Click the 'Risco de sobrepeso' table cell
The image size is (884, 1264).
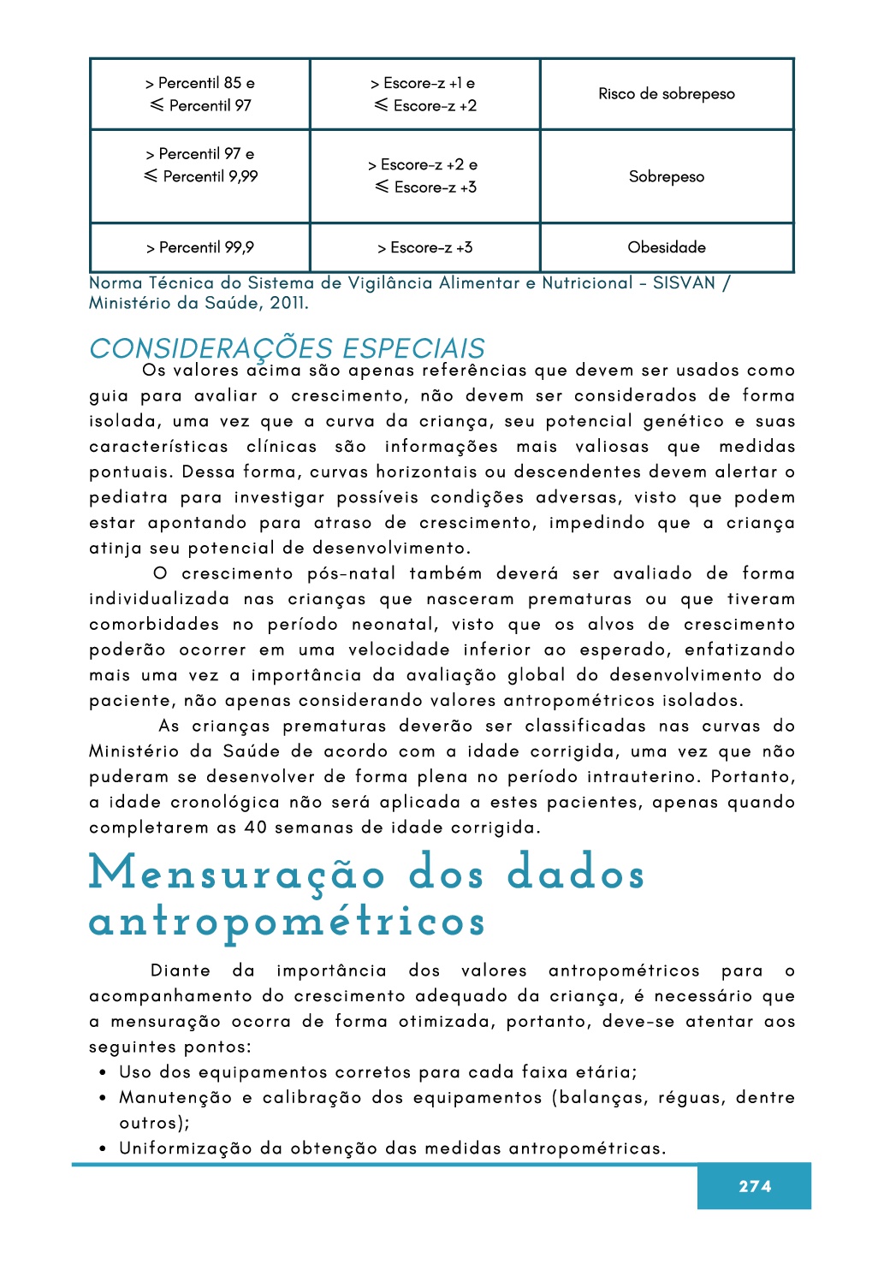[x=666, y=94]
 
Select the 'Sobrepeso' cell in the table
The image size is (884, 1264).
[x=666, y=177]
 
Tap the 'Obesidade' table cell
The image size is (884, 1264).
[x=666, y=247]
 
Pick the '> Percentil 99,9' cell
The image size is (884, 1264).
[x=200, y=247]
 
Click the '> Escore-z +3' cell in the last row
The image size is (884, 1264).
[x=424, y=247]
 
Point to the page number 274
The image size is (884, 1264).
[x=754, y=1186]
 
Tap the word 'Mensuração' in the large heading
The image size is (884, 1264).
[x=237, y=875]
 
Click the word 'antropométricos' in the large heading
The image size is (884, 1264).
[x=288, y=923]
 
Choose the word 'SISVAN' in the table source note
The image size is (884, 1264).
[x=683, y=283]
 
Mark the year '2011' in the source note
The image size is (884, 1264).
[x=288, y=303]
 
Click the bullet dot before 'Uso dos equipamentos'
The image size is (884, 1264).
[x=103, y=1073]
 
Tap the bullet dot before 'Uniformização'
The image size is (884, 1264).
[x=103, y=1149]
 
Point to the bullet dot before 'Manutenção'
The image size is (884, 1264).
[x=103, y=1098]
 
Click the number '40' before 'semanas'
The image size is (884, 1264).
[x=255, y=828]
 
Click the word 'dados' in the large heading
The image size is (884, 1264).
[x=575, y=875]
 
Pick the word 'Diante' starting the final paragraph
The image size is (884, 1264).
[x=180, y=970]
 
